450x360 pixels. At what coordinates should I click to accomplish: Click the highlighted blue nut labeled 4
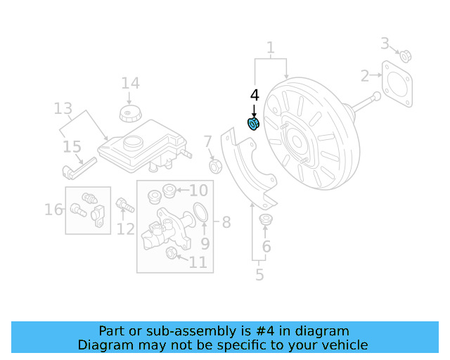pos(254,124)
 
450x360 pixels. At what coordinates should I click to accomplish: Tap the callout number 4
pos(255,95)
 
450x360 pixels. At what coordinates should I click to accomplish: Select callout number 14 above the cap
pos(130,83)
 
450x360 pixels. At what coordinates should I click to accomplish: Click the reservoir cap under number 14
pos(129,114)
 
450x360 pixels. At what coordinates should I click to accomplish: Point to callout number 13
pos(63,108)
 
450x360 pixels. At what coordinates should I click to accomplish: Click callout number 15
pos(72,147)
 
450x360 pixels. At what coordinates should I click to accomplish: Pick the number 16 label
pos(53,209)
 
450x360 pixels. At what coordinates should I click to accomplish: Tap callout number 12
pos(125,228)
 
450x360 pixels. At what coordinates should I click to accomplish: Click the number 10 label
pos(198,190)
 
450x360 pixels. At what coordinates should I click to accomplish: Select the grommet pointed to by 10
pos(169,191)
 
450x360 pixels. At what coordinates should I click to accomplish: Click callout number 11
pos(198,262)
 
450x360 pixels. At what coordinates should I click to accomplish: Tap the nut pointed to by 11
pos(171,253)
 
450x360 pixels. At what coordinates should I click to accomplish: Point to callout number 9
pos(205,243)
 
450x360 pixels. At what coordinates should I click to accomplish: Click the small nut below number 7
pos(217,167)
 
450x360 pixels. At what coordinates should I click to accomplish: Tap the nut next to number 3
pos(406,56)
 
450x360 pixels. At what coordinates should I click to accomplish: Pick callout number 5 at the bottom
pos(259,275)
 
